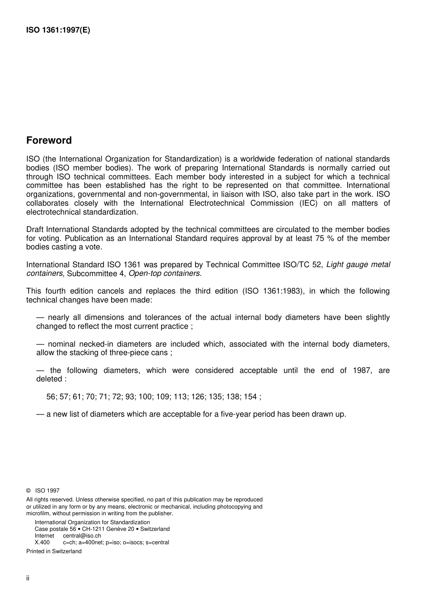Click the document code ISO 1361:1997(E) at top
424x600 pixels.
58,31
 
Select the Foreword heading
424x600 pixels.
49,141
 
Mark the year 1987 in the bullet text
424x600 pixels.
362,371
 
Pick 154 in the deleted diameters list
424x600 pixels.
250,397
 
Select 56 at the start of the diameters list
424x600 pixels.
51,397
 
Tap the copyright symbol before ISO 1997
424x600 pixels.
29,491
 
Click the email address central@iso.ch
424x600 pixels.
82,536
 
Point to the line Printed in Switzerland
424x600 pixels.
54,551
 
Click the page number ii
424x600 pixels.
28,578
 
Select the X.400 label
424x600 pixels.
42,542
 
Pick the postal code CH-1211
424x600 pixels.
92,529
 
